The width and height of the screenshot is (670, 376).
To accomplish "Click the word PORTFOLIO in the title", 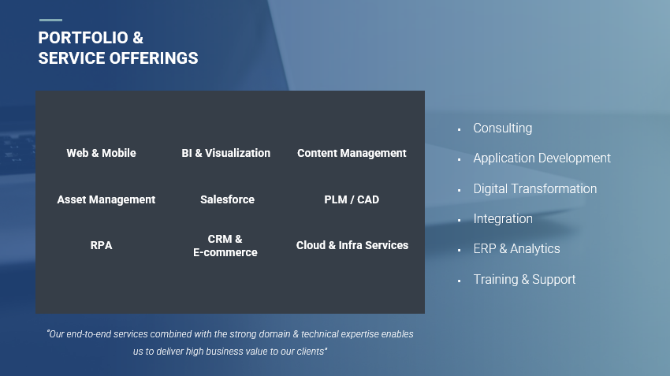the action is pos(83,38).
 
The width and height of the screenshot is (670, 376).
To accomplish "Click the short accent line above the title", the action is pos(50,20).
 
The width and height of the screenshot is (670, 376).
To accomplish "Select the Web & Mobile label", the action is pos(101,153).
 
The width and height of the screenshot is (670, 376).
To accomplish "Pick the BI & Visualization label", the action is pos(225,153).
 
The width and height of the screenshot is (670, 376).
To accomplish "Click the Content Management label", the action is pos(352,153).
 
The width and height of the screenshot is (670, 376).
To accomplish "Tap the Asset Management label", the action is pos(106,199).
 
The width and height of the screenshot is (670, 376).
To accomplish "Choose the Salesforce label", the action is pos(227,199).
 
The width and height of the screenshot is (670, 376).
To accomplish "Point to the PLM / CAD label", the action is pos(352,199).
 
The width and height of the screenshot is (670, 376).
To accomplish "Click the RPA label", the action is pos(101,245).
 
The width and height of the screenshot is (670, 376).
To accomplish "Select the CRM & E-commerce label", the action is pos(225,246).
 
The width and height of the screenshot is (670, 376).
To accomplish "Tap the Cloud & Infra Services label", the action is pos(352,245).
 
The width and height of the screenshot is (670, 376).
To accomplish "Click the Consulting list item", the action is pos(503,128).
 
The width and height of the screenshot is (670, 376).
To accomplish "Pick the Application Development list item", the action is pos(542,158).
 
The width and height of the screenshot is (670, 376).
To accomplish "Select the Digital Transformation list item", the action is pos(535,188).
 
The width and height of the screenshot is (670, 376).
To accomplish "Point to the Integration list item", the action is pos(503,219).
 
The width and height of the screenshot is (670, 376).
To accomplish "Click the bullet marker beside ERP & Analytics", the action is pos(459,250).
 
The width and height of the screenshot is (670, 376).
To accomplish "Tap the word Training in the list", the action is pos(496,279).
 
